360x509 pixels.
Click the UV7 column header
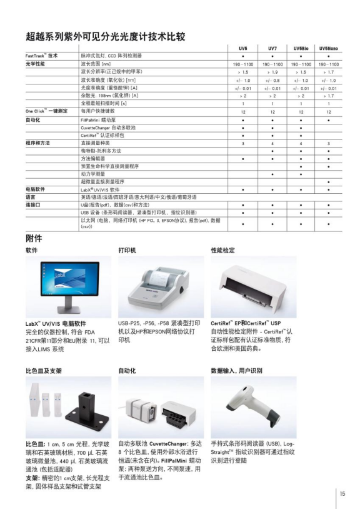click(x=272, y=48)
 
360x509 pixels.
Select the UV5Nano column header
click(x=328, y=48)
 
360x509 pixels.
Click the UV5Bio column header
click(x=301, y=48)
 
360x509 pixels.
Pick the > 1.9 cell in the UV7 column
click(x=272, y=73)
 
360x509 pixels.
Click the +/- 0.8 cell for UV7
click(x=272, y=81)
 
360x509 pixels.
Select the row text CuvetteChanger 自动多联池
click(x=110, y=126)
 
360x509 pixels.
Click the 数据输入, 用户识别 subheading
click(x=236, y=370)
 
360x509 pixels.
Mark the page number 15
click(x=342, y=493)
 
